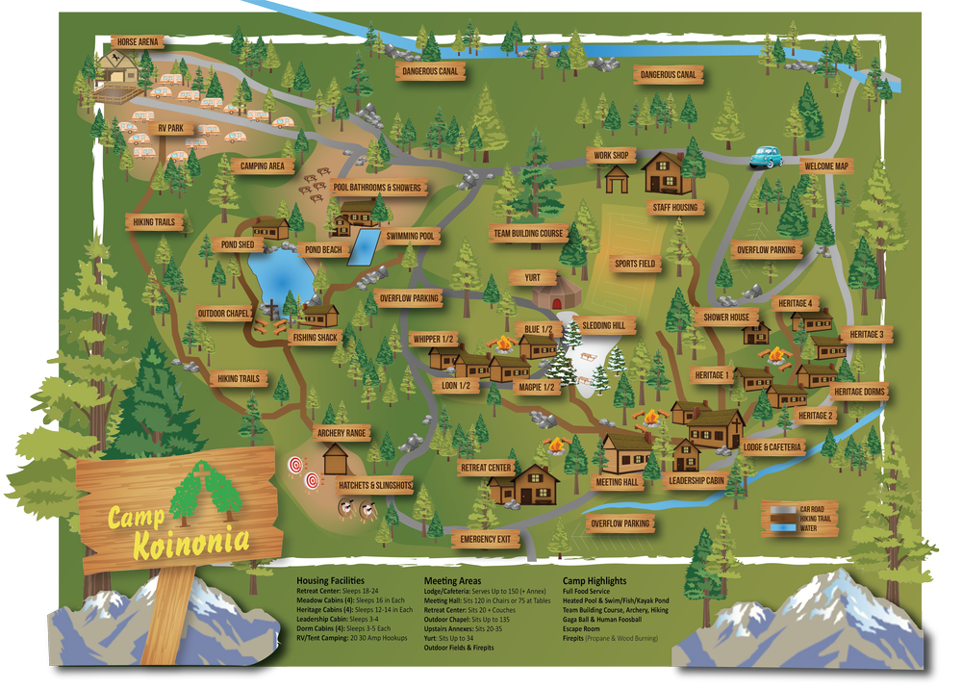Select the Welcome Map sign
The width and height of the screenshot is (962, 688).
(x=826, y=166)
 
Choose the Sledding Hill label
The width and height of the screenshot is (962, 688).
(x=602, y=325)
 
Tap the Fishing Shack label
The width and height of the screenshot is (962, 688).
(x=315, y=338)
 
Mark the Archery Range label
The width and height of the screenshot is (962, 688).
(x=342, y=434)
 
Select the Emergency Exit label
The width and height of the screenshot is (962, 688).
(x=485, y=539)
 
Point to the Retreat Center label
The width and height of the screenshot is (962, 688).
(x=486, y=468)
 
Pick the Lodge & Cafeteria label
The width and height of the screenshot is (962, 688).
(x=773, y=447)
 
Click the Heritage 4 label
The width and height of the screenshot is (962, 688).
(x=796, y=303)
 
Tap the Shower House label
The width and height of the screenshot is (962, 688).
(x=725, y=318)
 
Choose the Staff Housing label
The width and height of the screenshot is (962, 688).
(x=674, y=207)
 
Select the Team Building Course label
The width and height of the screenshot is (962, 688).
(x=528, y=233)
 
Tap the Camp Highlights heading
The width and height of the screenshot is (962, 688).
(x=595, y=581)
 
